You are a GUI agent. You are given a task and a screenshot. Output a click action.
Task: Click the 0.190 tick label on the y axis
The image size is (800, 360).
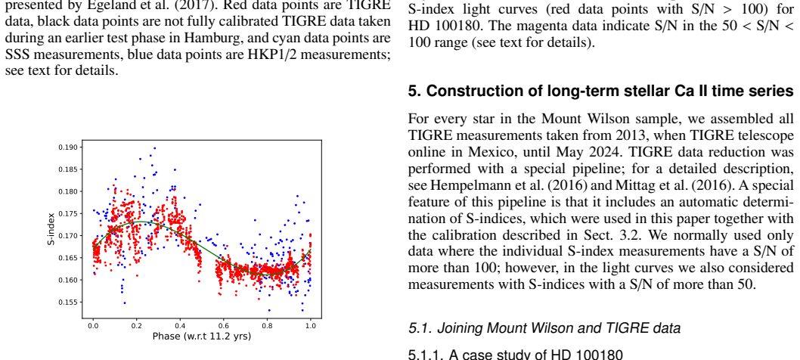tap(68, 147)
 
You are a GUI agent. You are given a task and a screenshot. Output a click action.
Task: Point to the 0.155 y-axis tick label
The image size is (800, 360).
tap(68, 303)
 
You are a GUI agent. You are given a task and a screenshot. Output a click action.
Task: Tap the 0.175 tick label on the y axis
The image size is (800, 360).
tap(68, 214)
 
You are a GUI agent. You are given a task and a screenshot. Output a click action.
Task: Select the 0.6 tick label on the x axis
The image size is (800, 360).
tap(224, 325)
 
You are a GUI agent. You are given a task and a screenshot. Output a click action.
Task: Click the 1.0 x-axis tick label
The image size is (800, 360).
tap(311, 325)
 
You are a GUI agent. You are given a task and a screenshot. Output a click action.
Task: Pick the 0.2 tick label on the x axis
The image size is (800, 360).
tap(137, 325)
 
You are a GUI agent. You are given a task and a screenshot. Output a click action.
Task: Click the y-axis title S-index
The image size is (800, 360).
tap(51, 228)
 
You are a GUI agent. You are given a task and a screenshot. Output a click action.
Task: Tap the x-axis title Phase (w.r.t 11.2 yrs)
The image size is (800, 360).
tap(202, 337)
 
